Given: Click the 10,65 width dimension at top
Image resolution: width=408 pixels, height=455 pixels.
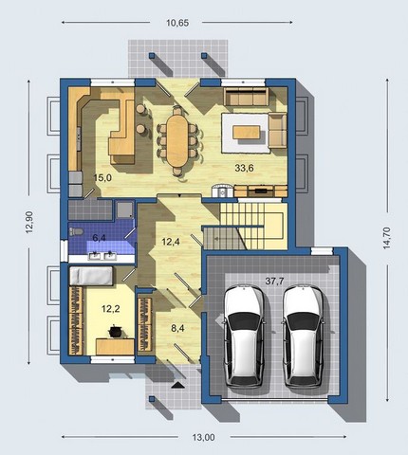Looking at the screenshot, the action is click(177, 23).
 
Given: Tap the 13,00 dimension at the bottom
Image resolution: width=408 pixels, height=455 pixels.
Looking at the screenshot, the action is click(203, 437).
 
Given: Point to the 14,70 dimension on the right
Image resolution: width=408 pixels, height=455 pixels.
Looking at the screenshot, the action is click(386, 238).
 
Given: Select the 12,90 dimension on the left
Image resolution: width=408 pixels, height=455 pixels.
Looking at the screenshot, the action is click(29, 222).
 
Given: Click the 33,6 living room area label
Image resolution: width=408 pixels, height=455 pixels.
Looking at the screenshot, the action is click(244, 168).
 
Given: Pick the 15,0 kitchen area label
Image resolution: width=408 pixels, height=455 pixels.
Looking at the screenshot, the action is click(102, 178).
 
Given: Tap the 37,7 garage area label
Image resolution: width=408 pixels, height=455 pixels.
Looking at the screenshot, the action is click(274, 282).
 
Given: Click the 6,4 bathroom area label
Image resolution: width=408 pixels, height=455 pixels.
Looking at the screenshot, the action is click(99, 238).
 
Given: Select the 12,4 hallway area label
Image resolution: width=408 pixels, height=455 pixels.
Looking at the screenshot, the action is click(171, 242).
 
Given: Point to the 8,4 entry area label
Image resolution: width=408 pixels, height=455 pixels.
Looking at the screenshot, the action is click(177, 328).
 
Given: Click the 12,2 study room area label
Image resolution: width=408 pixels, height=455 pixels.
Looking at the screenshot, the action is click(111, 309).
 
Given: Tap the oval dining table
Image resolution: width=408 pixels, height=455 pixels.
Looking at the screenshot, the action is click(177, 140).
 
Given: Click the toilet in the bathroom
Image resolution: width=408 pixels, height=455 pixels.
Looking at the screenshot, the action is click(76, 231).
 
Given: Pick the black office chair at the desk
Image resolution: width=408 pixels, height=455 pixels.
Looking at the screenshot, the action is click(114, 332).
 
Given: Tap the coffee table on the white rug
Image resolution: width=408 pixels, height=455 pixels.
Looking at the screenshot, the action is click(247, 132).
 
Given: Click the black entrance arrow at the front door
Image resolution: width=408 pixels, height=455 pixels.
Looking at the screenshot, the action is click(177, 385).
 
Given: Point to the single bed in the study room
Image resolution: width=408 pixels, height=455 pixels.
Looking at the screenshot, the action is click(91, 276).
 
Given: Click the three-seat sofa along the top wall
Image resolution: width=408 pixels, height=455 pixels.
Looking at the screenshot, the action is click(246, 97).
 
